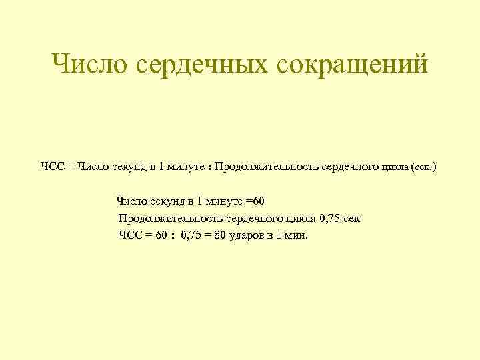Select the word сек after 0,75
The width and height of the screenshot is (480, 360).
(x=351, y=218)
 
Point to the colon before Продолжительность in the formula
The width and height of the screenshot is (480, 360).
(x=209, y=167)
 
